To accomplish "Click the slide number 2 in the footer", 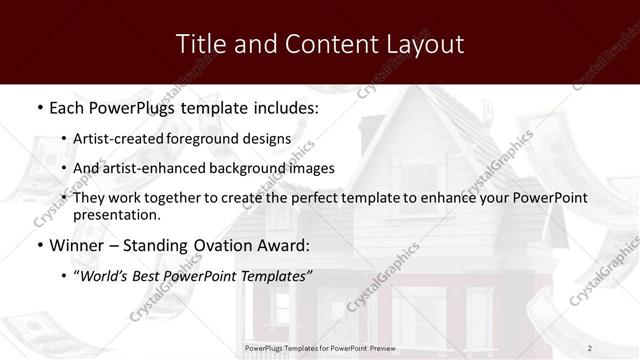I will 590,347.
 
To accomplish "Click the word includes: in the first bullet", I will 283,107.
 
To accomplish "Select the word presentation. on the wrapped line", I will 117,214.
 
